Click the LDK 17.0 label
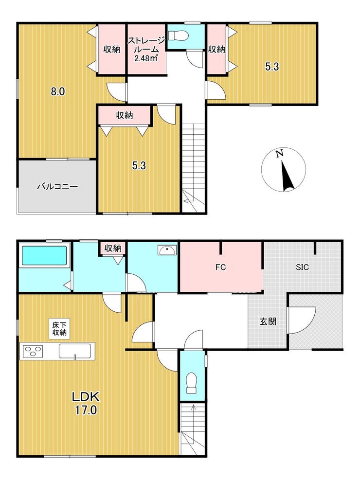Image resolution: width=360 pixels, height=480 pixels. (86, 403)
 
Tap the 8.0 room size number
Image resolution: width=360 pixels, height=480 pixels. (57, 91)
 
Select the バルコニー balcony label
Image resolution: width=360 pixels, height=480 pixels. (57, 186)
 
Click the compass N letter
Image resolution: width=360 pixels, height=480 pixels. (279, 154)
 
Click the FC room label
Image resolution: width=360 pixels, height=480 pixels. (220, 267)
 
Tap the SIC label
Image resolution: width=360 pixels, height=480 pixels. (302, 267)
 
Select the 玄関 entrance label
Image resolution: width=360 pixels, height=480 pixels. (268, 321)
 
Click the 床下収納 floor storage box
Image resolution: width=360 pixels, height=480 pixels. (59, 329)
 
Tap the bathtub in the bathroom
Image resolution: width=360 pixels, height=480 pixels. (43, 256)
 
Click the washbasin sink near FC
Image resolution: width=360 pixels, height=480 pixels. (167, 250)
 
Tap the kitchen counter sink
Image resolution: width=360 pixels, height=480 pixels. (75, 351)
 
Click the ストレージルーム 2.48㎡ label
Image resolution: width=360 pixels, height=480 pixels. (146, 49)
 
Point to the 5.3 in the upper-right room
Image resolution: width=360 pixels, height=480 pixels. (272, 67)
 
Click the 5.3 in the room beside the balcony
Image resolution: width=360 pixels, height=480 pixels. (139, 166)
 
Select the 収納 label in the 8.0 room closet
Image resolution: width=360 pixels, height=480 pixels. (112, 49)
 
